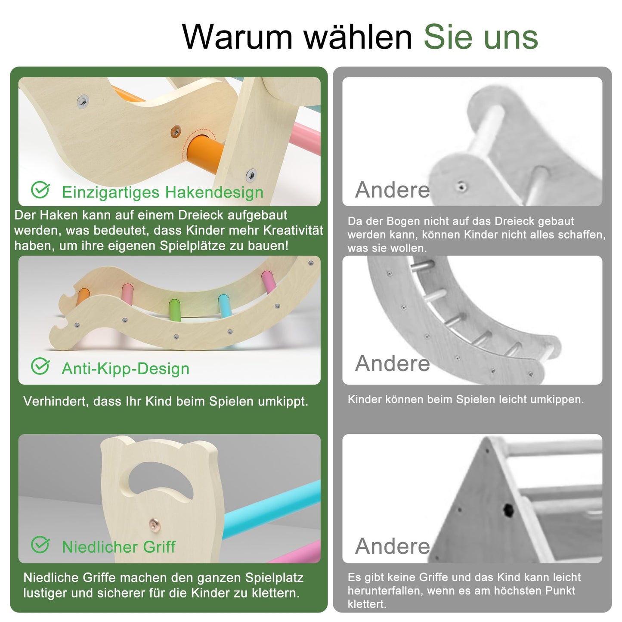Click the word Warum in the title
click(237, 37)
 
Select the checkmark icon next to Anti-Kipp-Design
click(40, 366)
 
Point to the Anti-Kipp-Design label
click(126, 368)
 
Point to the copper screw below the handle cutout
click(154, 523)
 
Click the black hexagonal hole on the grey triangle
click(508, 510)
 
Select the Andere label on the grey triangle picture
click(393, 546)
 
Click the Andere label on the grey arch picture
click(393, 363)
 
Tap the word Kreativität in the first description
click(293, 230)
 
